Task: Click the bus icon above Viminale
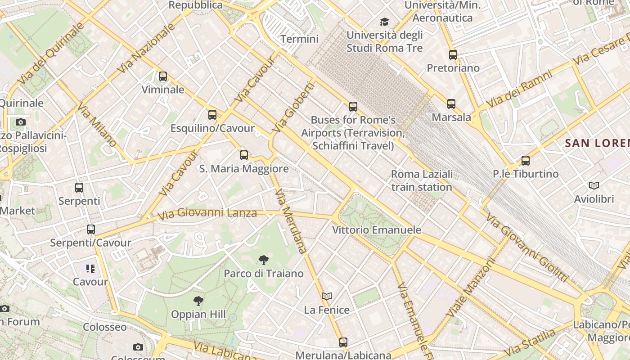pos(163,76)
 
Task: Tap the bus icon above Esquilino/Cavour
pos(212,115)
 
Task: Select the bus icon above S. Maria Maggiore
pos(244,155)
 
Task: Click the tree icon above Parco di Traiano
pos(264,260)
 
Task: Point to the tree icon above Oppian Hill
pos(198,301)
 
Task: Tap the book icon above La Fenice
pos(327,296)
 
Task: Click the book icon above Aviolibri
pos(594,185)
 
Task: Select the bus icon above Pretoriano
pos(453,55)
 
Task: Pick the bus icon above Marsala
pos(451,104)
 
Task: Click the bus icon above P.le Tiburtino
pos(526,160)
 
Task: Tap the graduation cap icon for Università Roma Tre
pos(384,22)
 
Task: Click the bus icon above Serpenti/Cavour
pos(91,229)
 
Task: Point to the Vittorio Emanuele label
pos(377,230)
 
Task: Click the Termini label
pos(299,39)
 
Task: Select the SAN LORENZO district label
pos(597,144)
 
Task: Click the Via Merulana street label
pos(291,221)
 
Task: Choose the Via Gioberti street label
pos(293,107)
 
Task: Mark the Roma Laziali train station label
pos(422,180)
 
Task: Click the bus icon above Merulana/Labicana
pos(343,342)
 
